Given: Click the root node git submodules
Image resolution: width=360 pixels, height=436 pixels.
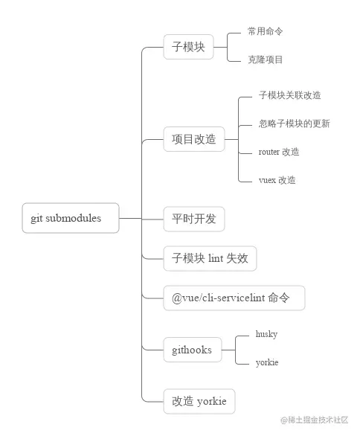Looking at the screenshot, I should (x=71, y=218).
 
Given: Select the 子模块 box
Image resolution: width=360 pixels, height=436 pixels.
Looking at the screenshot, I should (x=188, y=48).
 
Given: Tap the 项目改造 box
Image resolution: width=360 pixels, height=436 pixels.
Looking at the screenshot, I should (x=193, y=139).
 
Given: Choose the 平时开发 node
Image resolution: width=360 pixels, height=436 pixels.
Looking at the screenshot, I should (x=193, y=219).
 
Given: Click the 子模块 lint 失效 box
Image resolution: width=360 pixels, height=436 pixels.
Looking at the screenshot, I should (x=210, y=258).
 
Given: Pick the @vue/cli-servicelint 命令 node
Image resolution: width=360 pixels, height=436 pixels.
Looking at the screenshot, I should (x=234, y=298).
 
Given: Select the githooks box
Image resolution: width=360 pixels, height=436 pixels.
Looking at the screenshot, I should (x=193, y=349).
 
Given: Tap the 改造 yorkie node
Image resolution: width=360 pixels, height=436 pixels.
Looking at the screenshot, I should (x=199, y=402).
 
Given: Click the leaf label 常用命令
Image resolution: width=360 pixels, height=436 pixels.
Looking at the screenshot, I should (x=266, y=32).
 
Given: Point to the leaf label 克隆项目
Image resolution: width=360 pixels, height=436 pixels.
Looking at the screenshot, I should (x=266, y=60).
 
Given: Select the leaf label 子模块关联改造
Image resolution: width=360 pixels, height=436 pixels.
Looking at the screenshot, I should (x=289, y=95).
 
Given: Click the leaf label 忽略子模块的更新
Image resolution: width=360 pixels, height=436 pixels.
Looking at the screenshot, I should (x=294, y=124).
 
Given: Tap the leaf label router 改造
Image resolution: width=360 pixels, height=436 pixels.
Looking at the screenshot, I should (x=279, y=152).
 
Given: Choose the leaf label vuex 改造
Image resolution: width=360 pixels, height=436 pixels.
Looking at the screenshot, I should (x=277, y=180).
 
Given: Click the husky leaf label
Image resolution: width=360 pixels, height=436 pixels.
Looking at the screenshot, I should (x=266, y=335).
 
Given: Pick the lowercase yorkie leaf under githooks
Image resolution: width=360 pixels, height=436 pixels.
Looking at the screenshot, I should (x=267, y=362).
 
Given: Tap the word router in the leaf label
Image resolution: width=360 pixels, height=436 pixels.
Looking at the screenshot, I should (x=269, y=152).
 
